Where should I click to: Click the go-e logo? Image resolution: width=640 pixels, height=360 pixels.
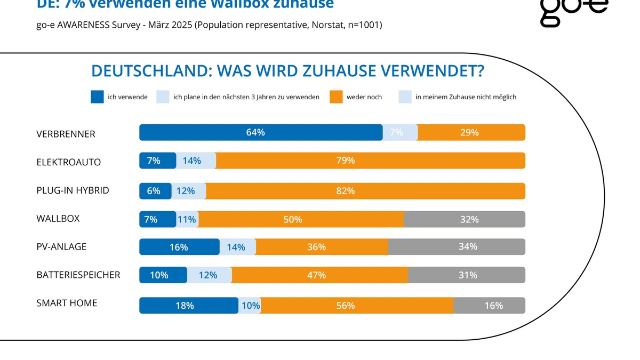click(573, 12)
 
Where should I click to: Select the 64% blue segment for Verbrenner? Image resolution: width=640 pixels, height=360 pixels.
click(261, 132)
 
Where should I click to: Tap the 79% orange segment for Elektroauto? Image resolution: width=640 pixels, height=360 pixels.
click(370, 161)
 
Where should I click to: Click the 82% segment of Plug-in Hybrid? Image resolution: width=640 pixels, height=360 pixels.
click(365, 191)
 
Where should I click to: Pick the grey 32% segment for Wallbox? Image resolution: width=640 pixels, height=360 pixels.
click(465, 219)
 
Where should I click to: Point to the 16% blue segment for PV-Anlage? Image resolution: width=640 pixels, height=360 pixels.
click(179, 247)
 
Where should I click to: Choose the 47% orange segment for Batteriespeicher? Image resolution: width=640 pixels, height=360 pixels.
click(320, 275)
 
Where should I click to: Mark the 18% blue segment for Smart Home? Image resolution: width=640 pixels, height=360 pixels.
click(188, 306)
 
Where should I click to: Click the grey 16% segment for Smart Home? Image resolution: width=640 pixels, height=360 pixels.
click(489, 306)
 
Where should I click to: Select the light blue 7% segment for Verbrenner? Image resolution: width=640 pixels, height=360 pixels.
click(400, 132)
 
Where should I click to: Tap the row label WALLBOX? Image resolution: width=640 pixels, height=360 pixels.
click(58, 219)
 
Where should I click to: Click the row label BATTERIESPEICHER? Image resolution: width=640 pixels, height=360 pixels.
click(78, 275)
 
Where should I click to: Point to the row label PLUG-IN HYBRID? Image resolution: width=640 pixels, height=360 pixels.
click(73, 190)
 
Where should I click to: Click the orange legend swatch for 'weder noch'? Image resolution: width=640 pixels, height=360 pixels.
click(336, 97)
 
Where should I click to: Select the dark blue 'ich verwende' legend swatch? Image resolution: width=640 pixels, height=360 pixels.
click(97, 97)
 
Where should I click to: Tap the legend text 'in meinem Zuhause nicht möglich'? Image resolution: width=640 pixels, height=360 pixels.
click(466, 97)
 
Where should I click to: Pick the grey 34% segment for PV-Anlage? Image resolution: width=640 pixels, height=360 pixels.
click(457, 247)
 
